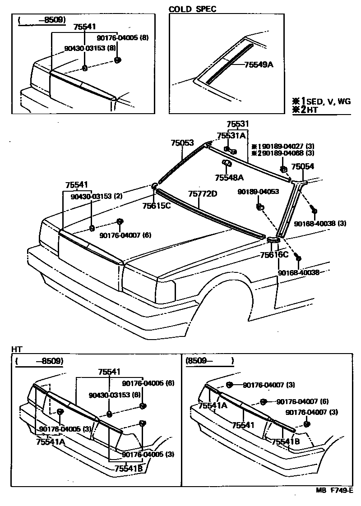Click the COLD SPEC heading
coord(192,9)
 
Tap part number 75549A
coord(259,65)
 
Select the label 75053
coord(182,143)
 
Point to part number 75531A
coord(231,135)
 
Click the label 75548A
coord(229,178)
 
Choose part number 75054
coord(302,166)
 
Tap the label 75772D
coord(203,194)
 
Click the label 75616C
coord(274,255)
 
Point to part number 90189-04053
coord(258,192)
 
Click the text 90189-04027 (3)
coord(286,146)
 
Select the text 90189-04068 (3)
coord(286,153)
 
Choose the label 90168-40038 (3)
coord(320,223)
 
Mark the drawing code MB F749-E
coord(334,491)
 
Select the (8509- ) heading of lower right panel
coord(209,361)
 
